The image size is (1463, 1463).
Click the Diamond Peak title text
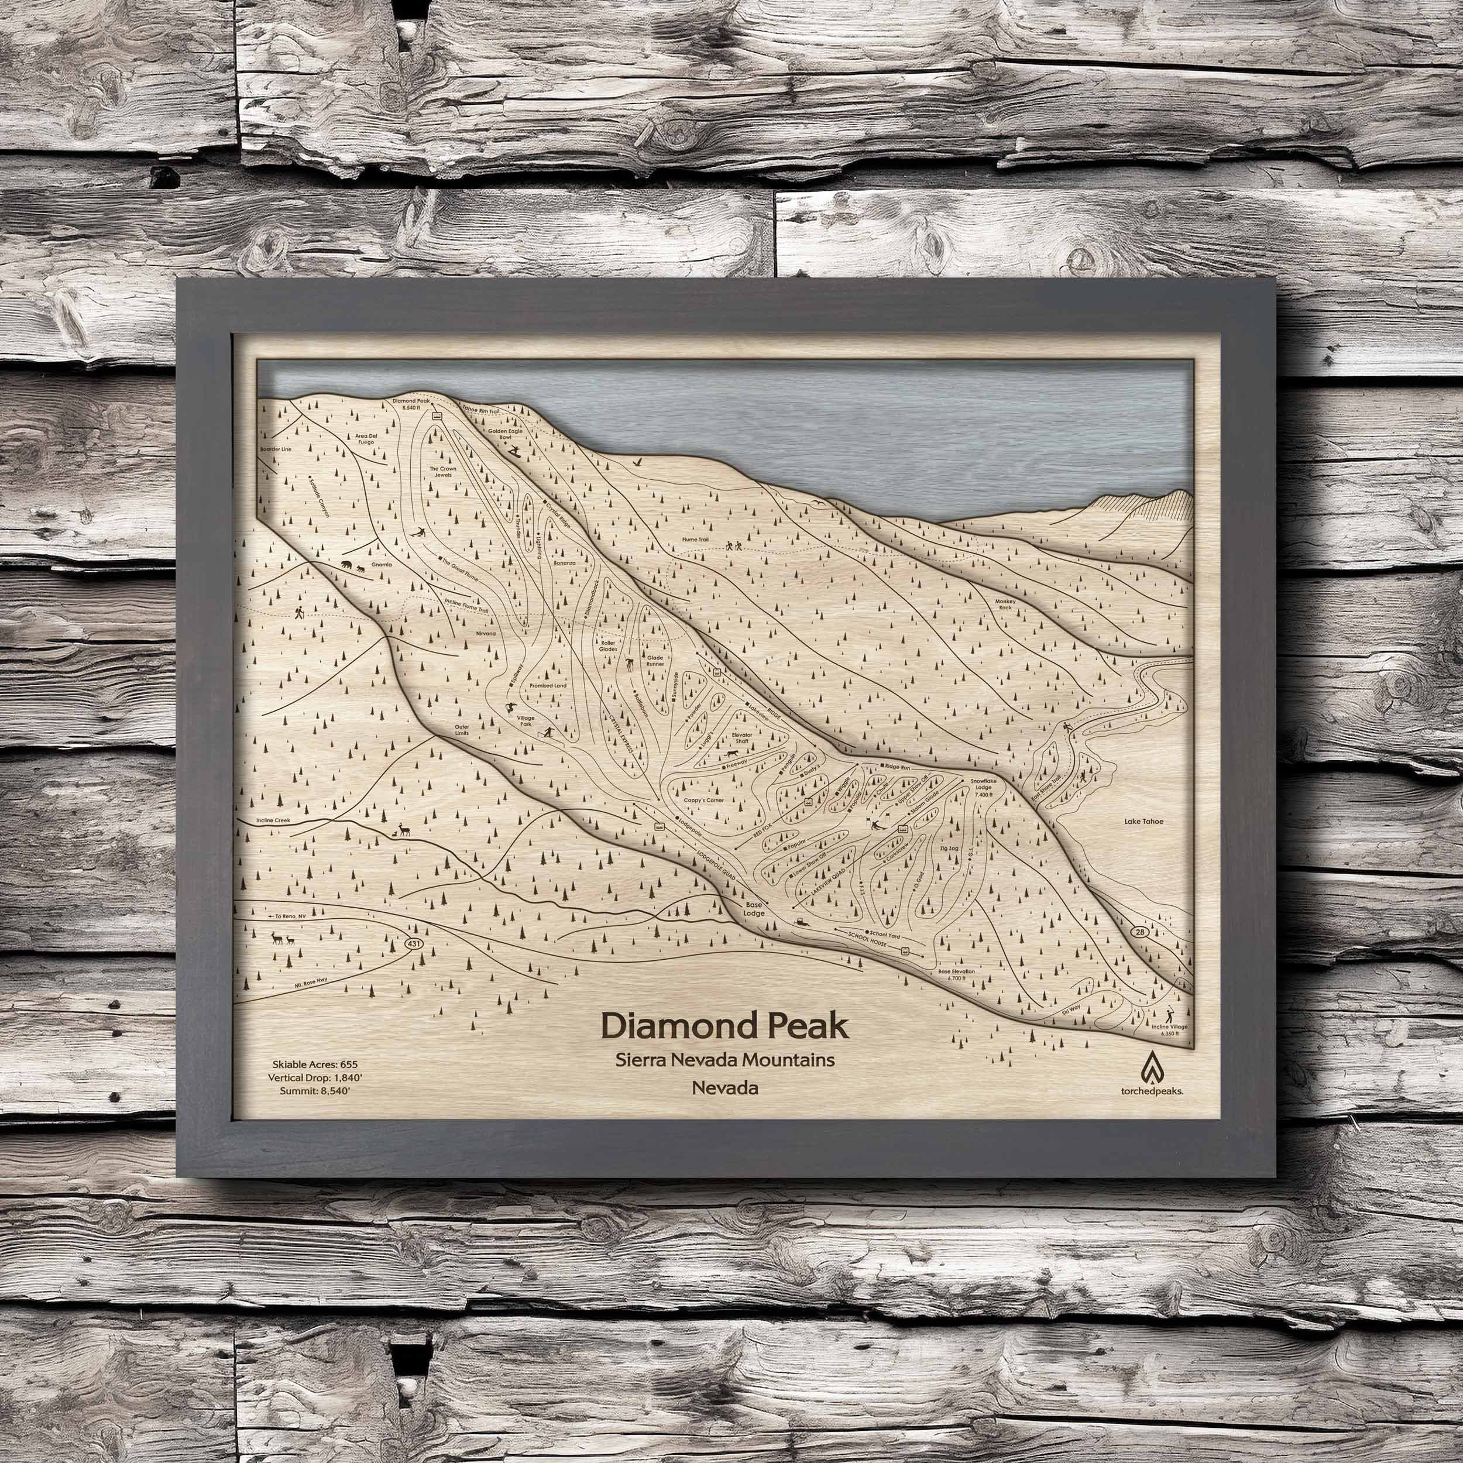[x=724, y=1027]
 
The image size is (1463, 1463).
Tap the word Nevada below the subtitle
[x=724, y=1088]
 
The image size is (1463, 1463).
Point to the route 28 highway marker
[x=1141, y=930]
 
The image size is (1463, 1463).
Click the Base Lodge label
[x=754, y=909]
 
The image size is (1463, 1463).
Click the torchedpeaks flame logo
[x=1152, y=1066]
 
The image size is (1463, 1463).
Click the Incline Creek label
[x=263, y=820]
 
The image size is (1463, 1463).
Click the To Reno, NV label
[x=289, y=915]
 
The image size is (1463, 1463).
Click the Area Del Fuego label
[x=366, y=439]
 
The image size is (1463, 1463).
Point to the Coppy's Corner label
[x=703, y=799]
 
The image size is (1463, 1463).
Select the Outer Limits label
[x=462, y=731]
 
